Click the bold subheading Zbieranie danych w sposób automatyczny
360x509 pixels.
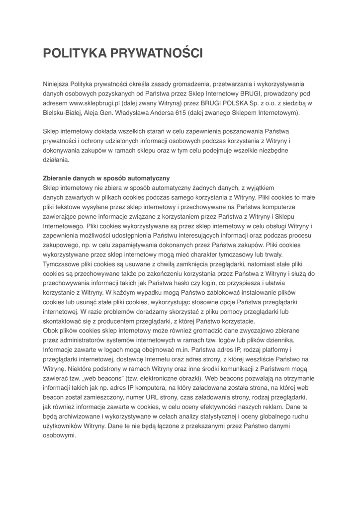(x=106, y=178)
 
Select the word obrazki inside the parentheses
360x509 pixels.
(x=182, y=378)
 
